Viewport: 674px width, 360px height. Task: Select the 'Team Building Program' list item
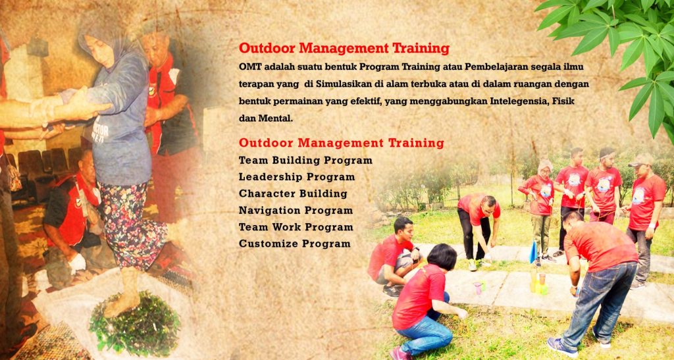(x=305, y=161)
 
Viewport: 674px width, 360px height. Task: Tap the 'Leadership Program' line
(x=297, y=177)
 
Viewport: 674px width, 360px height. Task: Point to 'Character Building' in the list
(x=293, y=193)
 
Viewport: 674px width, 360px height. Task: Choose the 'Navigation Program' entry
(x=296, y=211)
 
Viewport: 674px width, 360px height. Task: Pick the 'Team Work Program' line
(x=296, y=227)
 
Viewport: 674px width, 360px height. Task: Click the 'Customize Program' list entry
(x=295, y=244)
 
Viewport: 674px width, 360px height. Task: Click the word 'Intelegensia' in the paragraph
(x=519, y=101)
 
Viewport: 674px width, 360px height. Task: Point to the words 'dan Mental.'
(x=266, y=118)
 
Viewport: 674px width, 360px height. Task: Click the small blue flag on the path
(x=533, y=252)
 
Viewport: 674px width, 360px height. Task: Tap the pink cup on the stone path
(x=478, y=288)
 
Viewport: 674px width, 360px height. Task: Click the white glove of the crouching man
(x=77, y=263)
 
